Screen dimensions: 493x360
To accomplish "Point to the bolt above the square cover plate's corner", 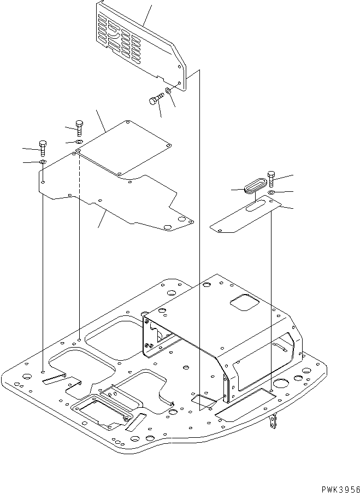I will click(80, 128).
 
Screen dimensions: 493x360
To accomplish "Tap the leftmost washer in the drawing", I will click(43, 162).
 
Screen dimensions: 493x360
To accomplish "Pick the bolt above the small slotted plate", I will click(272, 178).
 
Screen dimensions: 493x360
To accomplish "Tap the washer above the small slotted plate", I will click(272, 192).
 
